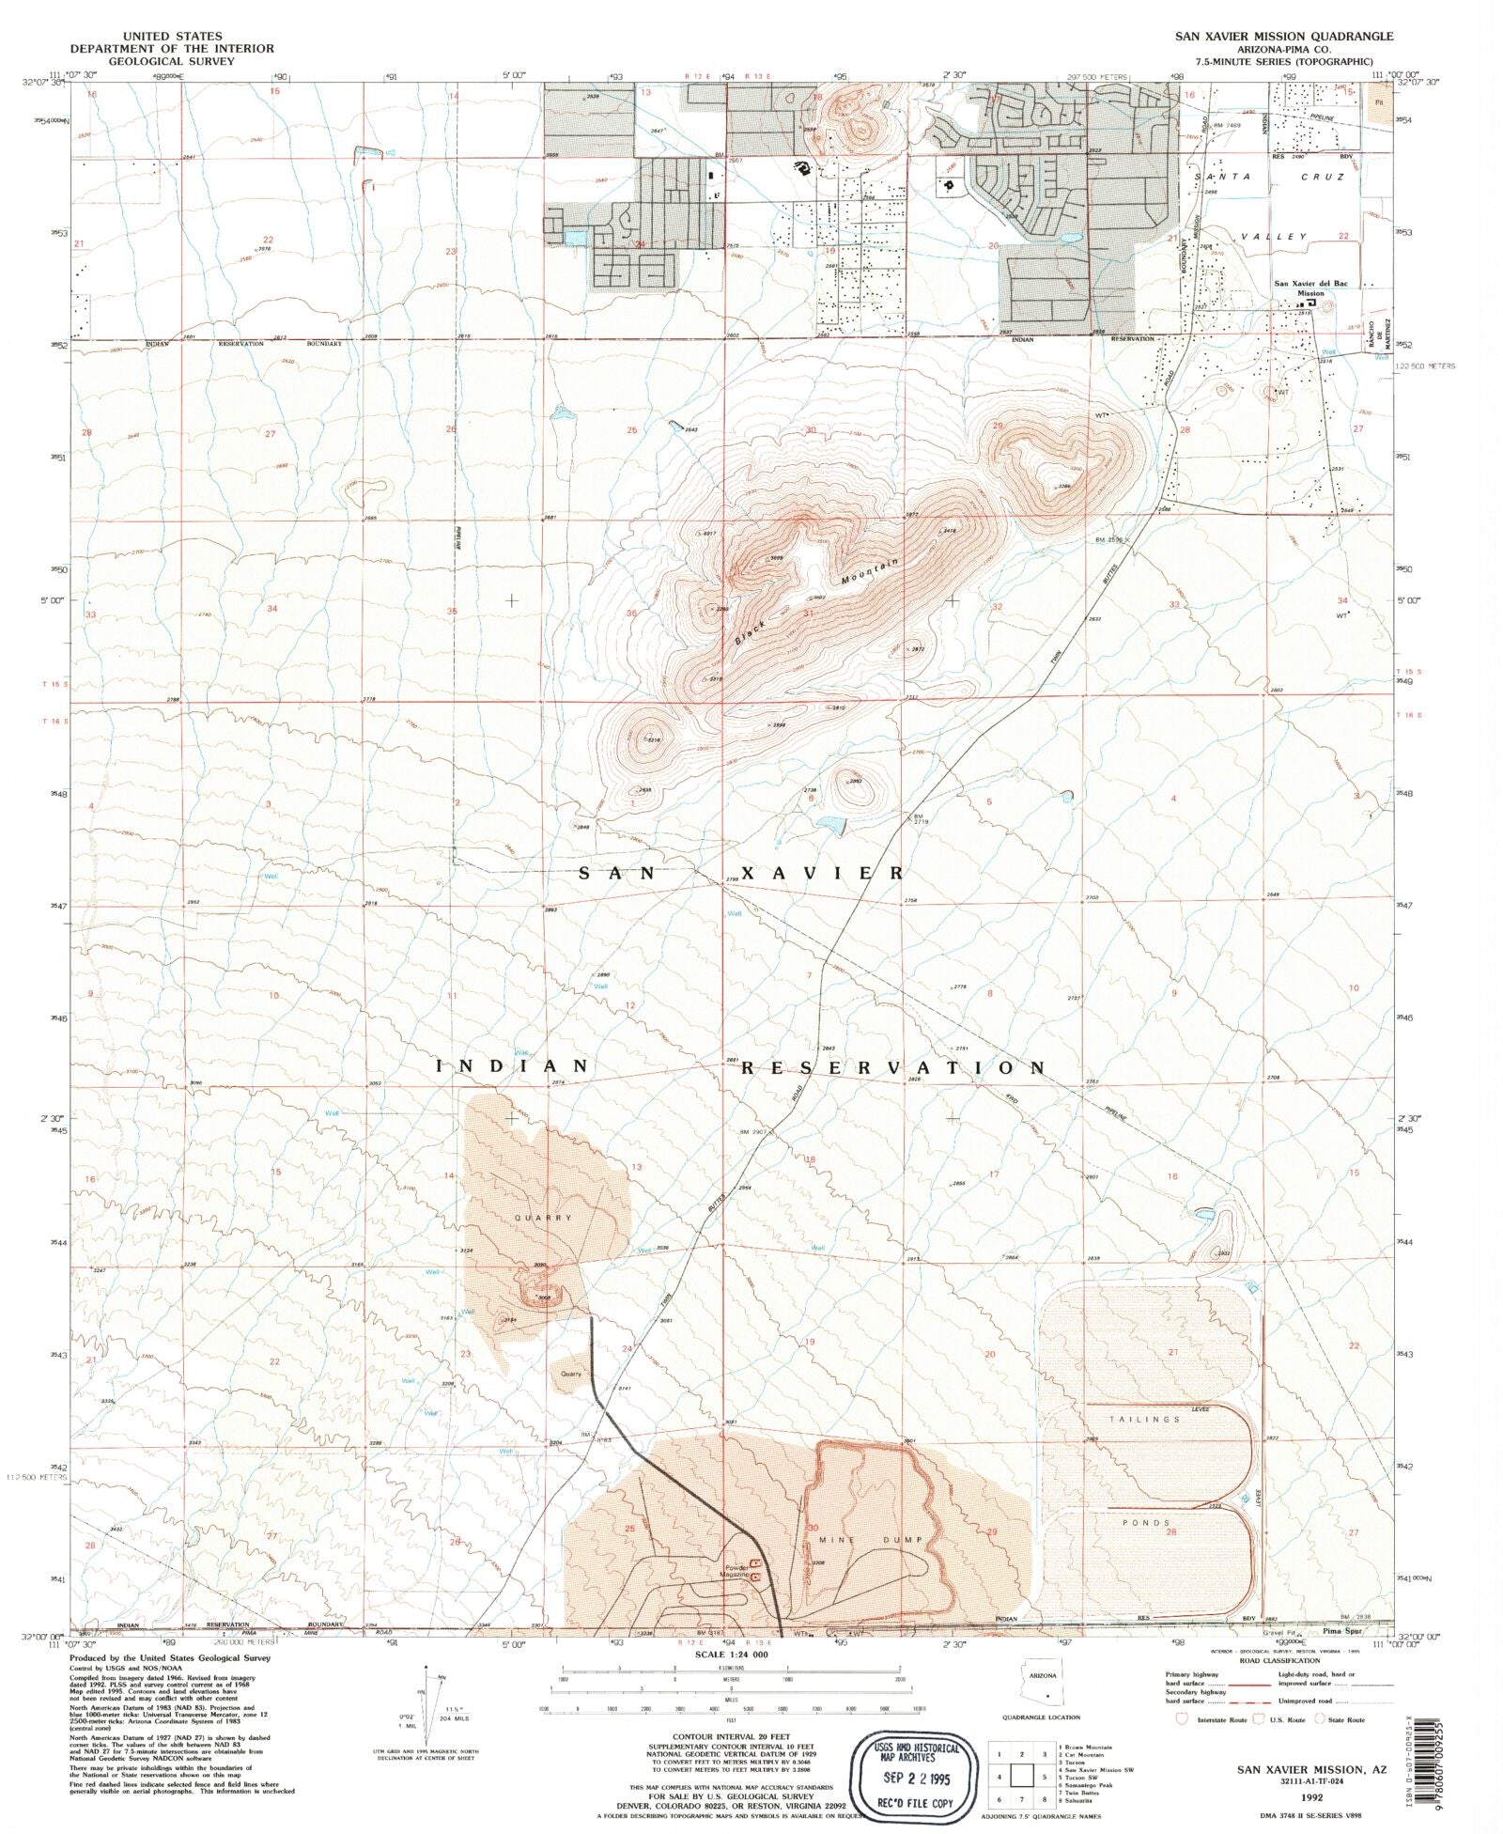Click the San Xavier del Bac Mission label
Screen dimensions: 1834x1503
[x=1310, y=287]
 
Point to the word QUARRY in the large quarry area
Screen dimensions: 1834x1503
[x=543, y=1218]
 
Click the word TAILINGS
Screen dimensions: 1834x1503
[x=1144, y=1420]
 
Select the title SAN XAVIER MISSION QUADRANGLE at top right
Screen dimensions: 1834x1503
[x=1283, y=36]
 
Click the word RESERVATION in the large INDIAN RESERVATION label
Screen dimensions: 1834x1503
[x=892, y=1068]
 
